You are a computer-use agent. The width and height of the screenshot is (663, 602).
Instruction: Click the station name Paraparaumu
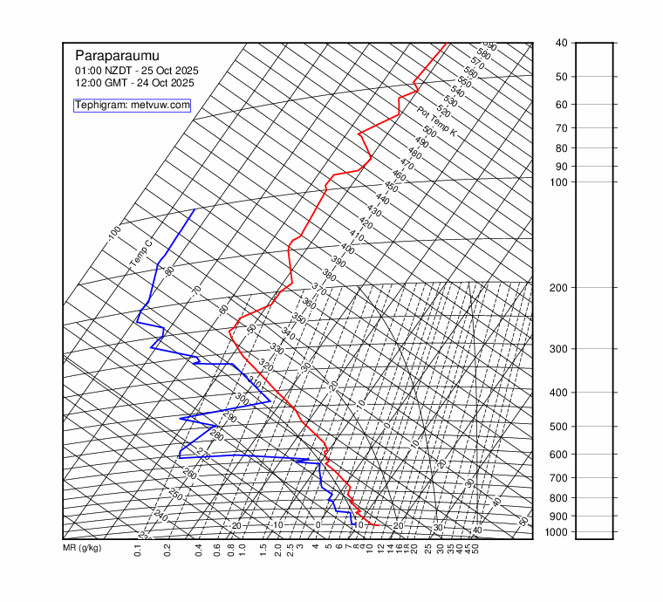(117, 54)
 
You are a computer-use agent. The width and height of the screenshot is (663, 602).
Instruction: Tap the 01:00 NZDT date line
(137, 70)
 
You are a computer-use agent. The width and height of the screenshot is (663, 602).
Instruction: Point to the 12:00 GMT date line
(134, 83)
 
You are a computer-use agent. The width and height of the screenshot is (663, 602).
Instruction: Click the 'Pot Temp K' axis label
(436, 122)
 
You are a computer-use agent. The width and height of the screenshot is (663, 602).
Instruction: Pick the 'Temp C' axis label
(140, 253)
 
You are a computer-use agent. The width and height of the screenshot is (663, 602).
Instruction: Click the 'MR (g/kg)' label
(82, 548)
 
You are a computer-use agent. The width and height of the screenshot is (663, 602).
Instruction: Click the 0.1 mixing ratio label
(138, 550)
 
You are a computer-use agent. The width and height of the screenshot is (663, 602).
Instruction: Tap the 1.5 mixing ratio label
(263, 550)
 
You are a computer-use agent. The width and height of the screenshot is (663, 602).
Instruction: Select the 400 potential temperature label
(348, 249)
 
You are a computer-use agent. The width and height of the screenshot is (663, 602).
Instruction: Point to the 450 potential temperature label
(391, 188)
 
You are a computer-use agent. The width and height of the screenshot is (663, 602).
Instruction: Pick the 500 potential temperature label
(429, 131)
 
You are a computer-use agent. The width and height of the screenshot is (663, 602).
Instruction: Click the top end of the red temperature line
(446, 43)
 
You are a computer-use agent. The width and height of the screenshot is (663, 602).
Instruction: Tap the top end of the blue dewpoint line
(194, 210)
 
